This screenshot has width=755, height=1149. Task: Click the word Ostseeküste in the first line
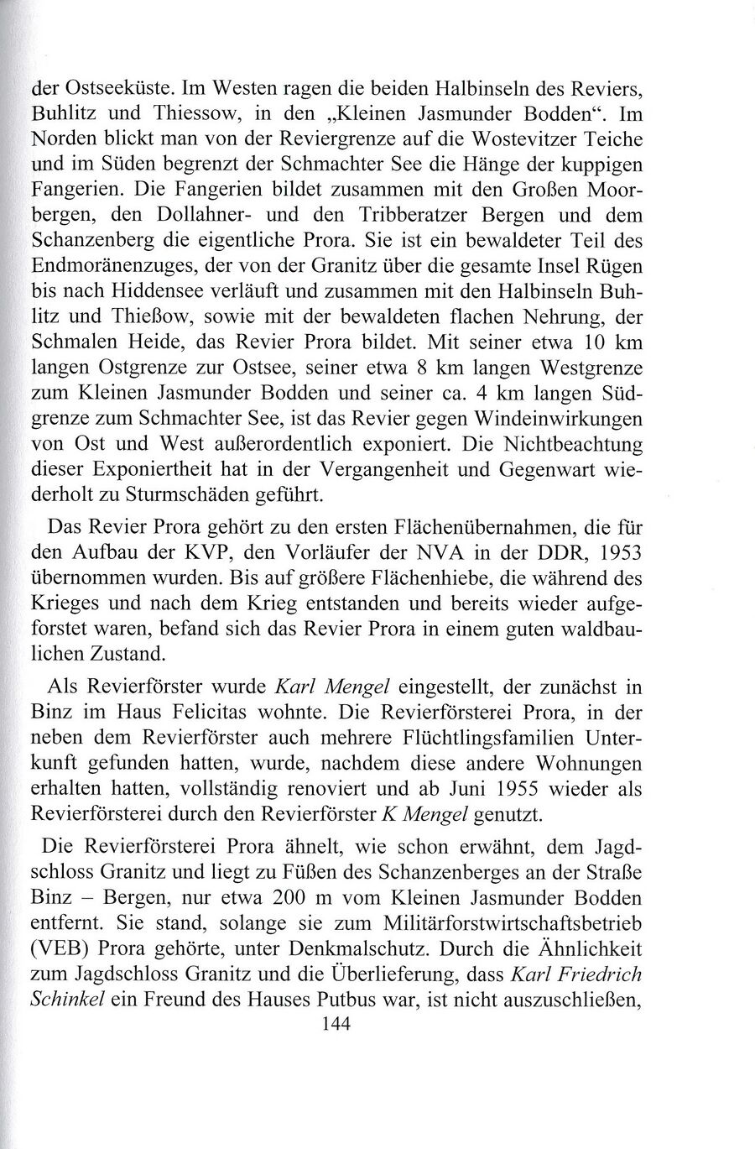tap(107, 87)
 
